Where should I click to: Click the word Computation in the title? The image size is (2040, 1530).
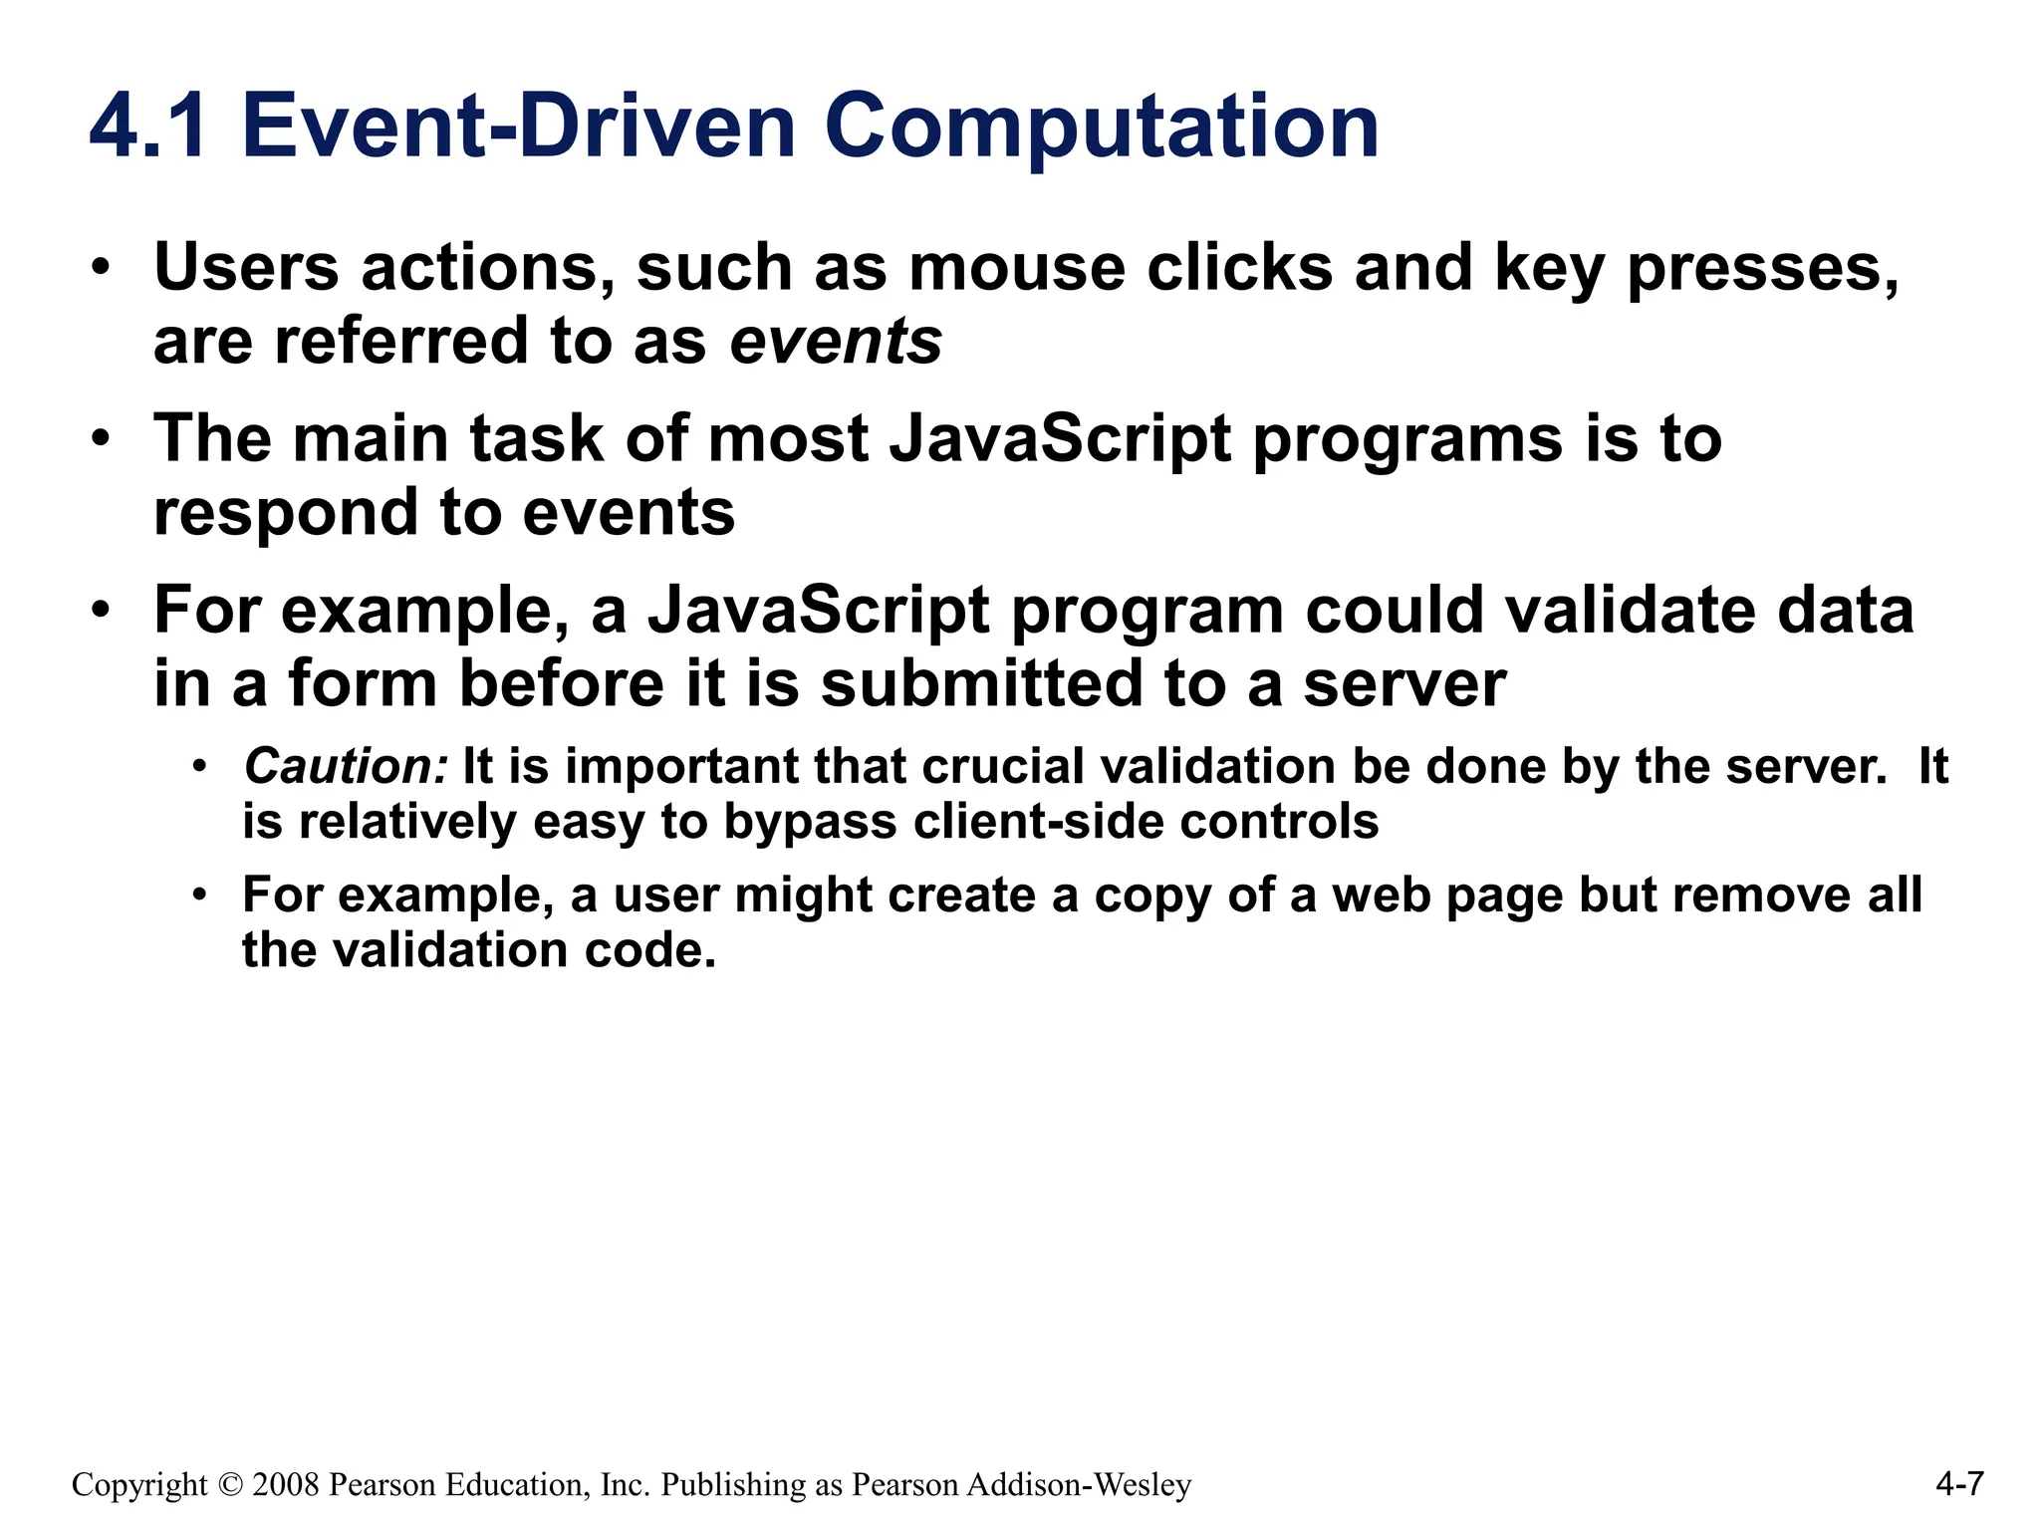pos(1102,127)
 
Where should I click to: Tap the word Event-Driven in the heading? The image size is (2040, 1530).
pos(518,127)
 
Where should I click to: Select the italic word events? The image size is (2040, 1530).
pos(836,341)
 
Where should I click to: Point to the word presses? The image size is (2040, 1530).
pos(1763,268)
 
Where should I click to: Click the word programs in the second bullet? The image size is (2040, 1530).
pos(1407,439)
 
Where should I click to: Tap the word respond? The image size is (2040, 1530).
pos(284,514)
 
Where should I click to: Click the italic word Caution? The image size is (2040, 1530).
pos(346,767)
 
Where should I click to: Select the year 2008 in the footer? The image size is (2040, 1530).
pos(286,1485)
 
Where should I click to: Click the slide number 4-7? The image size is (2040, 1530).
pos(1959,1484)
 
